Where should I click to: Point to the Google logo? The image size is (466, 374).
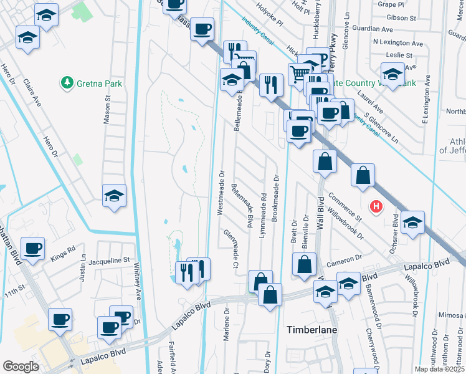tap(21, 367)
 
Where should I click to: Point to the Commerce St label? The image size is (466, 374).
tap(345, 207)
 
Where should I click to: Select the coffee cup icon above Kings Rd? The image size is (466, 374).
tap(32, 247)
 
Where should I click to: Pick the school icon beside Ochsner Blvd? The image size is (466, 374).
tap(412, 223)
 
